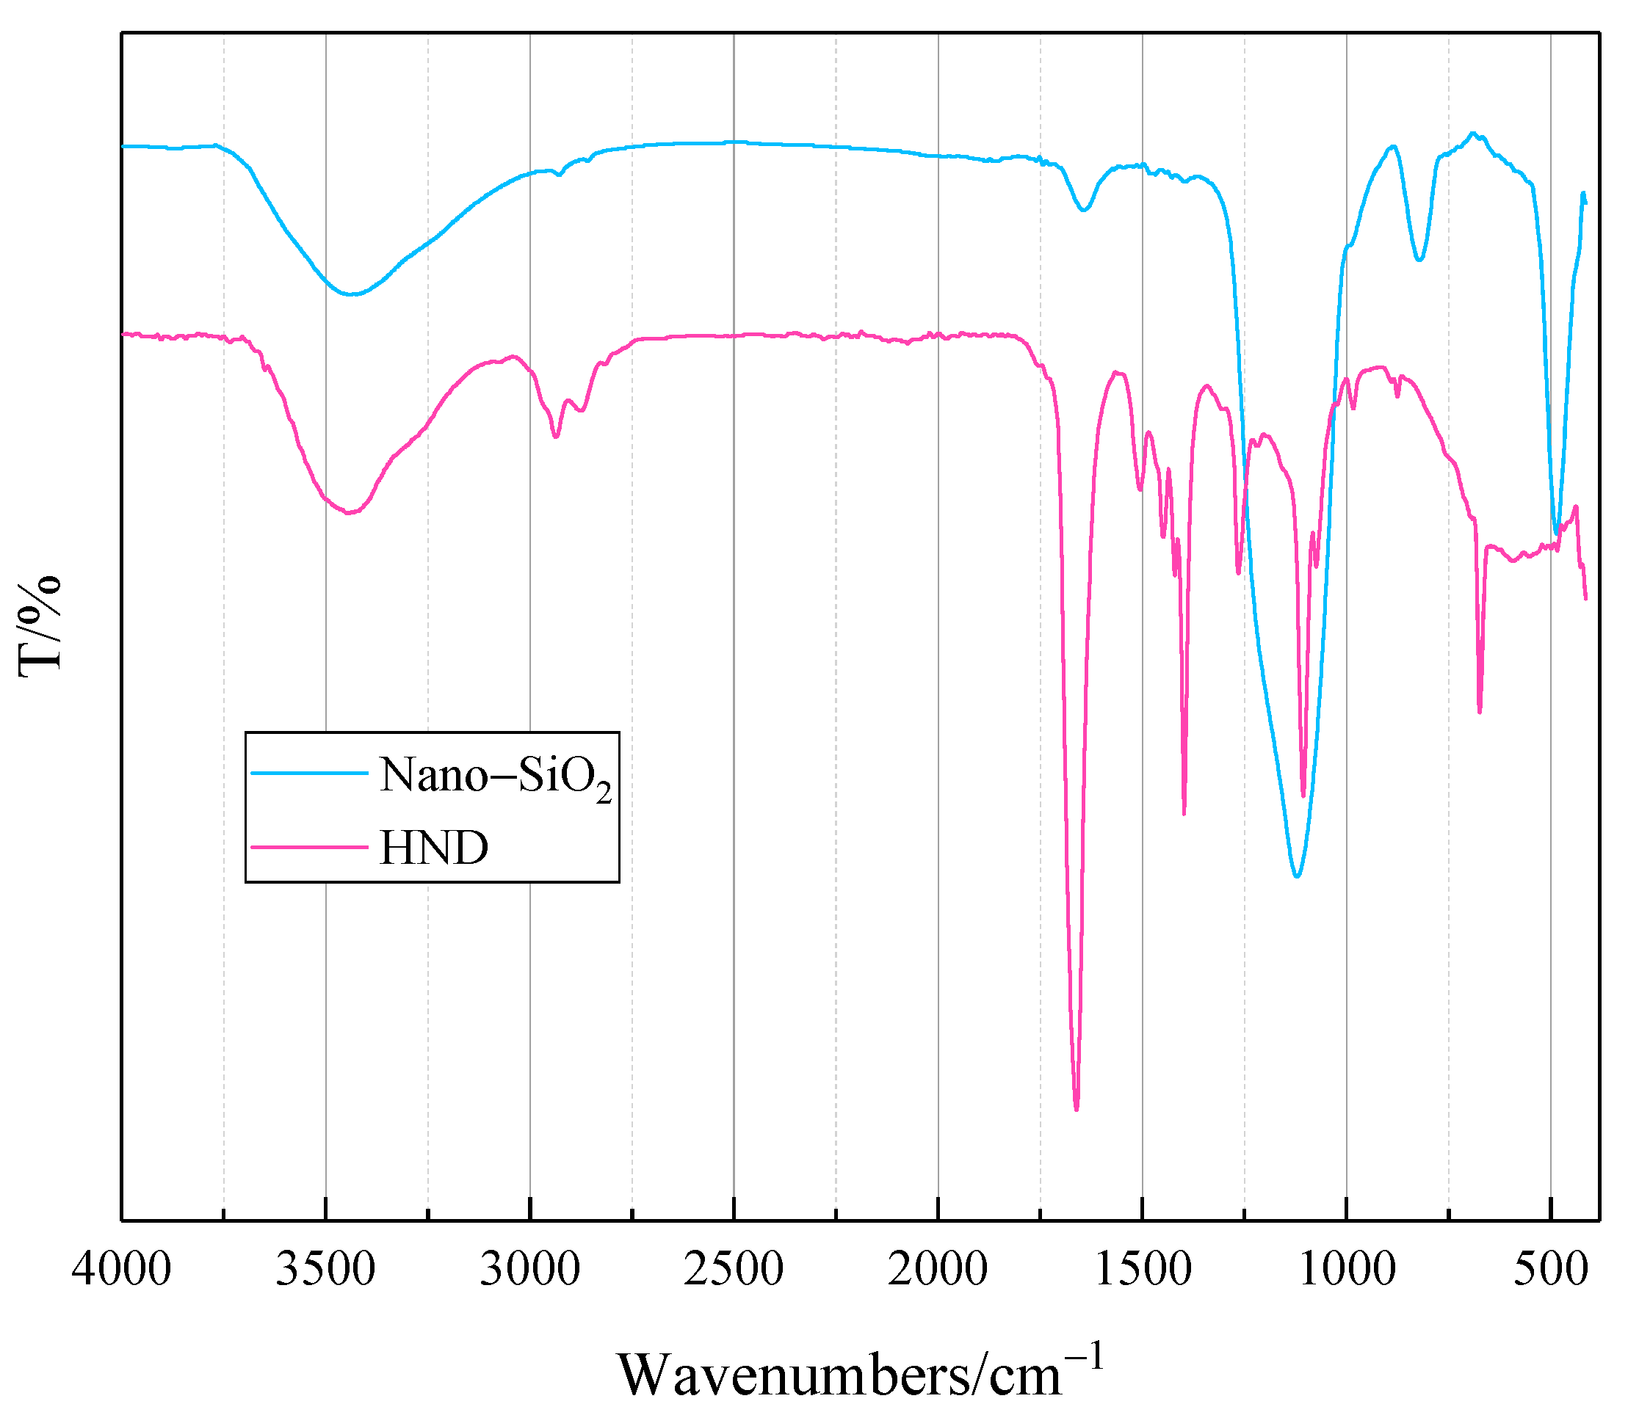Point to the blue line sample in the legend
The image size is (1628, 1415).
[x=310, y=773]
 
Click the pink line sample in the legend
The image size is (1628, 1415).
[x=310, y=847]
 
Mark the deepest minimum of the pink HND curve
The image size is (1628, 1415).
[x=1076, y=1110]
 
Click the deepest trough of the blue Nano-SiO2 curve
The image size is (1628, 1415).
[x=1296, y=876]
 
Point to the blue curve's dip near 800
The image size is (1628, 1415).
[x=1419, y=260]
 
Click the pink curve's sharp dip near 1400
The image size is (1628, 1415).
[x=1183, y=814]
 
